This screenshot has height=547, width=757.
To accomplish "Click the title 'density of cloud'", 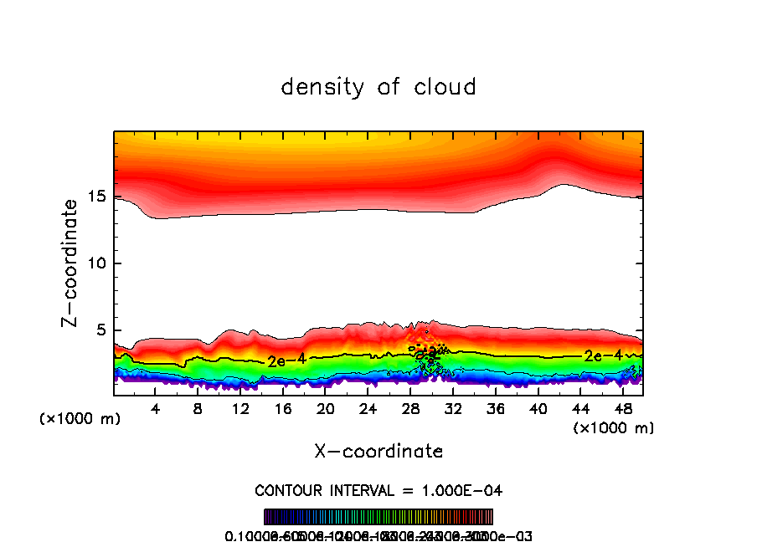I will (378, 87).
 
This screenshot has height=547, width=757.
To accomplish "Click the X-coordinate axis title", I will (378, 452).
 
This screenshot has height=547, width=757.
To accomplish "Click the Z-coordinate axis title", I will (71, 263).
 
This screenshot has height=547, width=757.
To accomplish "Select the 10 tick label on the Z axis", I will (98, 263).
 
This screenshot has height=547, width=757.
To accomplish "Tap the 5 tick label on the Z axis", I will (102, 330).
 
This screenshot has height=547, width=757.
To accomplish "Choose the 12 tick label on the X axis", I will (240, 410).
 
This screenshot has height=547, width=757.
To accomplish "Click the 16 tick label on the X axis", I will (283, 410).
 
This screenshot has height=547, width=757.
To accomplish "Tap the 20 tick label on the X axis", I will (326, 410).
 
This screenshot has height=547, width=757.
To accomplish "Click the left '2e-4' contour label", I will (286, 360).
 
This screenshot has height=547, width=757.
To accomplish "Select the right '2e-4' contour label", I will (603, 355).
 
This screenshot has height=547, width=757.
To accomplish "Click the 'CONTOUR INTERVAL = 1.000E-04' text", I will (378, 490).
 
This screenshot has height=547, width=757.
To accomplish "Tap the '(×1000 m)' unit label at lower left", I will (80, 418).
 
